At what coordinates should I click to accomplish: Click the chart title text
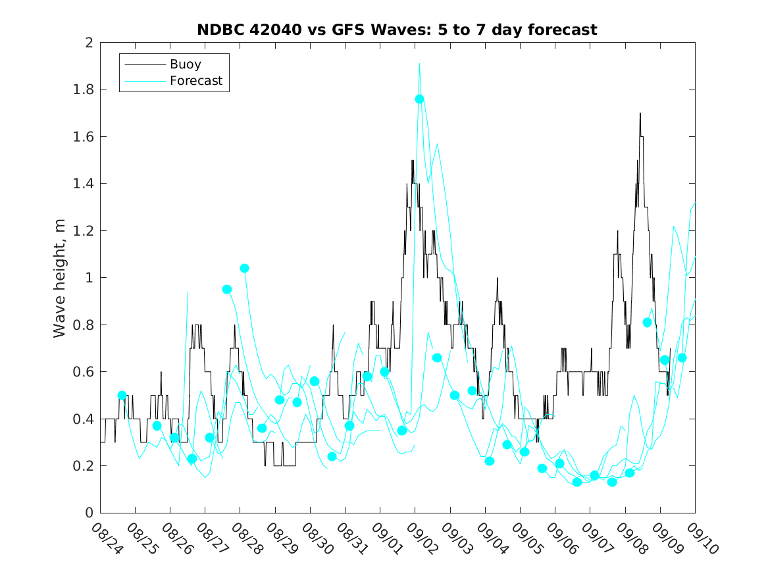pyautogui.click(x=397, y=30)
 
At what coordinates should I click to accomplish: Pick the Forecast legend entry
pyautogui.click(x=195, y=81)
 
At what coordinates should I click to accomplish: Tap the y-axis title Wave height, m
pyautogui.click(x=60, y=277)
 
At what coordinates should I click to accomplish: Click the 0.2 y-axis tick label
pyautogui.click(x=84, y=466)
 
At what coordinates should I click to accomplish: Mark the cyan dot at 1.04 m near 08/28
pyautogui.click(x=244, y=268)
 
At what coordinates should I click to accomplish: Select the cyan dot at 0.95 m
pyautogui.click(x=227, y=289)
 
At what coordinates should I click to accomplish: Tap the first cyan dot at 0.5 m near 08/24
pyautogui.click(x=122, y=395)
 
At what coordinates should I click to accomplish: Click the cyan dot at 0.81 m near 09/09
pyautogui.click(x=647, y=322)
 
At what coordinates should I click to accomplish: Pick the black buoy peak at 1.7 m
pyautogui.click(x=640, y=113)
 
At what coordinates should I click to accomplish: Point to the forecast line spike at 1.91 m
pyautogui.click(x=419, y=64)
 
